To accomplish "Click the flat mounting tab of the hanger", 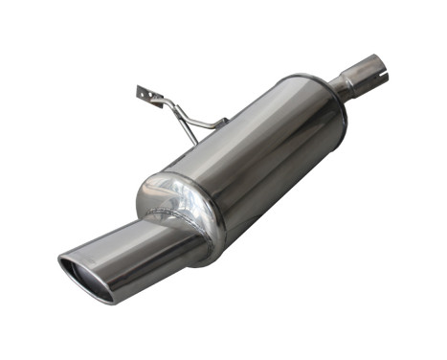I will click(x=146, y=95).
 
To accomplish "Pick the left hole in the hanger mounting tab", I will click(x=141, y=92).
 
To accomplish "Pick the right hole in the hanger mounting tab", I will click(x=150, y=98).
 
